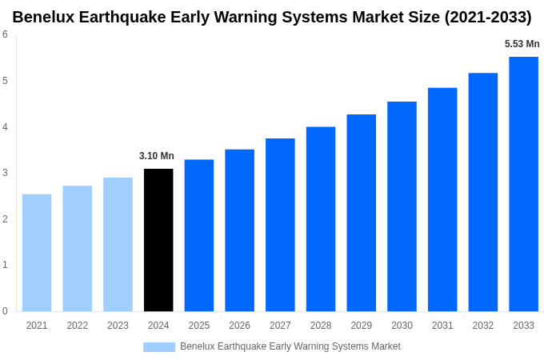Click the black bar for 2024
(x=158, y=240)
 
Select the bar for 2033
(x=523, y=184)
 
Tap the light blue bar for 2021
(x=37, y=253)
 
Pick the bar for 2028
(x=321, y=219)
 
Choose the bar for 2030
(x=402, y=206)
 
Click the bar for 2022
(x=78, y=249)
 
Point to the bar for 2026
(x=239, y=230)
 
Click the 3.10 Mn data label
(x=157, y=156)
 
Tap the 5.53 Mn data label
(x=522, y=44)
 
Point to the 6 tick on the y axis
(x=5, y=34)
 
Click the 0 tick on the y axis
(x=5, y=311)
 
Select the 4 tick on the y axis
(x=5, y=127)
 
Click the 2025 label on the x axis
(x=199, y=326)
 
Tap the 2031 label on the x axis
(x=442, y=326)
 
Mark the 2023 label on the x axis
(x=118, y=326)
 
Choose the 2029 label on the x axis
(x=361, y=326)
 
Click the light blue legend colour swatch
(x=159, y=346)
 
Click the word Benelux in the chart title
(x=45, y=17)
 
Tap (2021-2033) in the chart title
(x=487, y=17)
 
